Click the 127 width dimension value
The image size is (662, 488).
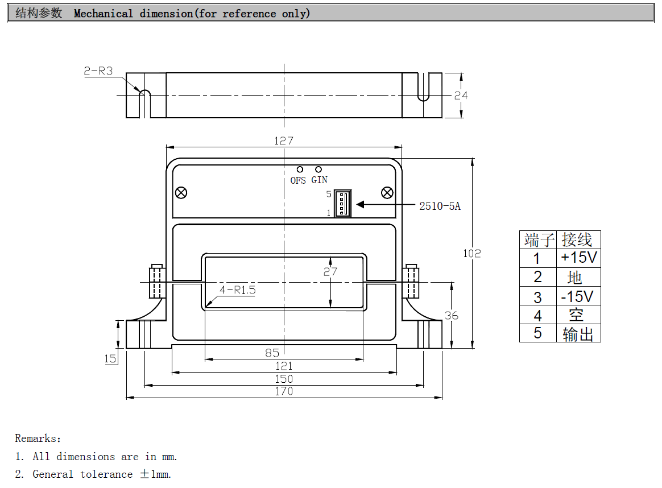(283, 140)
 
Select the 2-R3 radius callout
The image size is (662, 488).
(98, 71)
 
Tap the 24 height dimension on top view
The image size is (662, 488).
(461, 95)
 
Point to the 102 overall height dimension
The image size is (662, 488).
(471, 253)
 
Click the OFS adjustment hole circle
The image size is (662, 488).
(300, 169)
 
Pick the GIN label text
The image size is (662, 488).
(319, 180)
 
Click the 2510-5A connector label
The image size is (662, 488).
(440, 206)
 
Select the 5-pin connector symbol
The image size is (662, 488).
(342, 203)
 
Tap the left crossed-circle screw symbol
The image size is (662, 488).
(181, 192)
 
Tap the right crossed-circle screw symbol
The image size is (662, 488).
(387, 192)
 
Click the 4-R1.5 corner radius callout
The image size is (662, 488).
(237, 290)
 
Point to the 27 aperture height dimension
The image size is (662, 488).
(330, 272)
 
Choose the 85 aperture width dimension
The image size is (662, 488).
(272, 353)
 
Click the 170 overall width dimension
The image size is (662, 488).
(283, 391)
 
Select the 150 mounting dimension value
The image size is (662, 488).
(283, 378)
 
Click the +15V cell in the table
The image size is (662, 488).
(578, 258)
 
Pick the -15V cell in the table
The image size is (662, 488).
(577, 296)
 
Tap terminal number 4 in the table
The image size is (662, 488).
(537, 315)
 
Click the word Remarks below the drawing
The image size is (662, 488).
(36, 439)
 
